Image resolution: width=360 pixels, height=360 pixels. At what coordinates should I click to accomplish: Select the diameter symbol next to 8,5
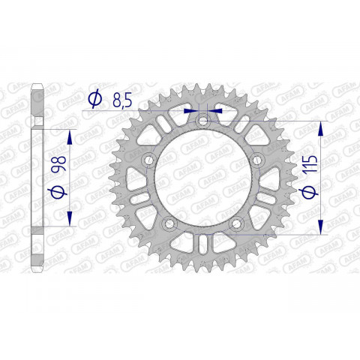click(x=95, y=97)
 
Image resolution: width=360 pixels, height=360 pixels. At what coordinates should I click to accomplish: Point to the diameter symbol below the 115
click(x=311, y=193)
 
